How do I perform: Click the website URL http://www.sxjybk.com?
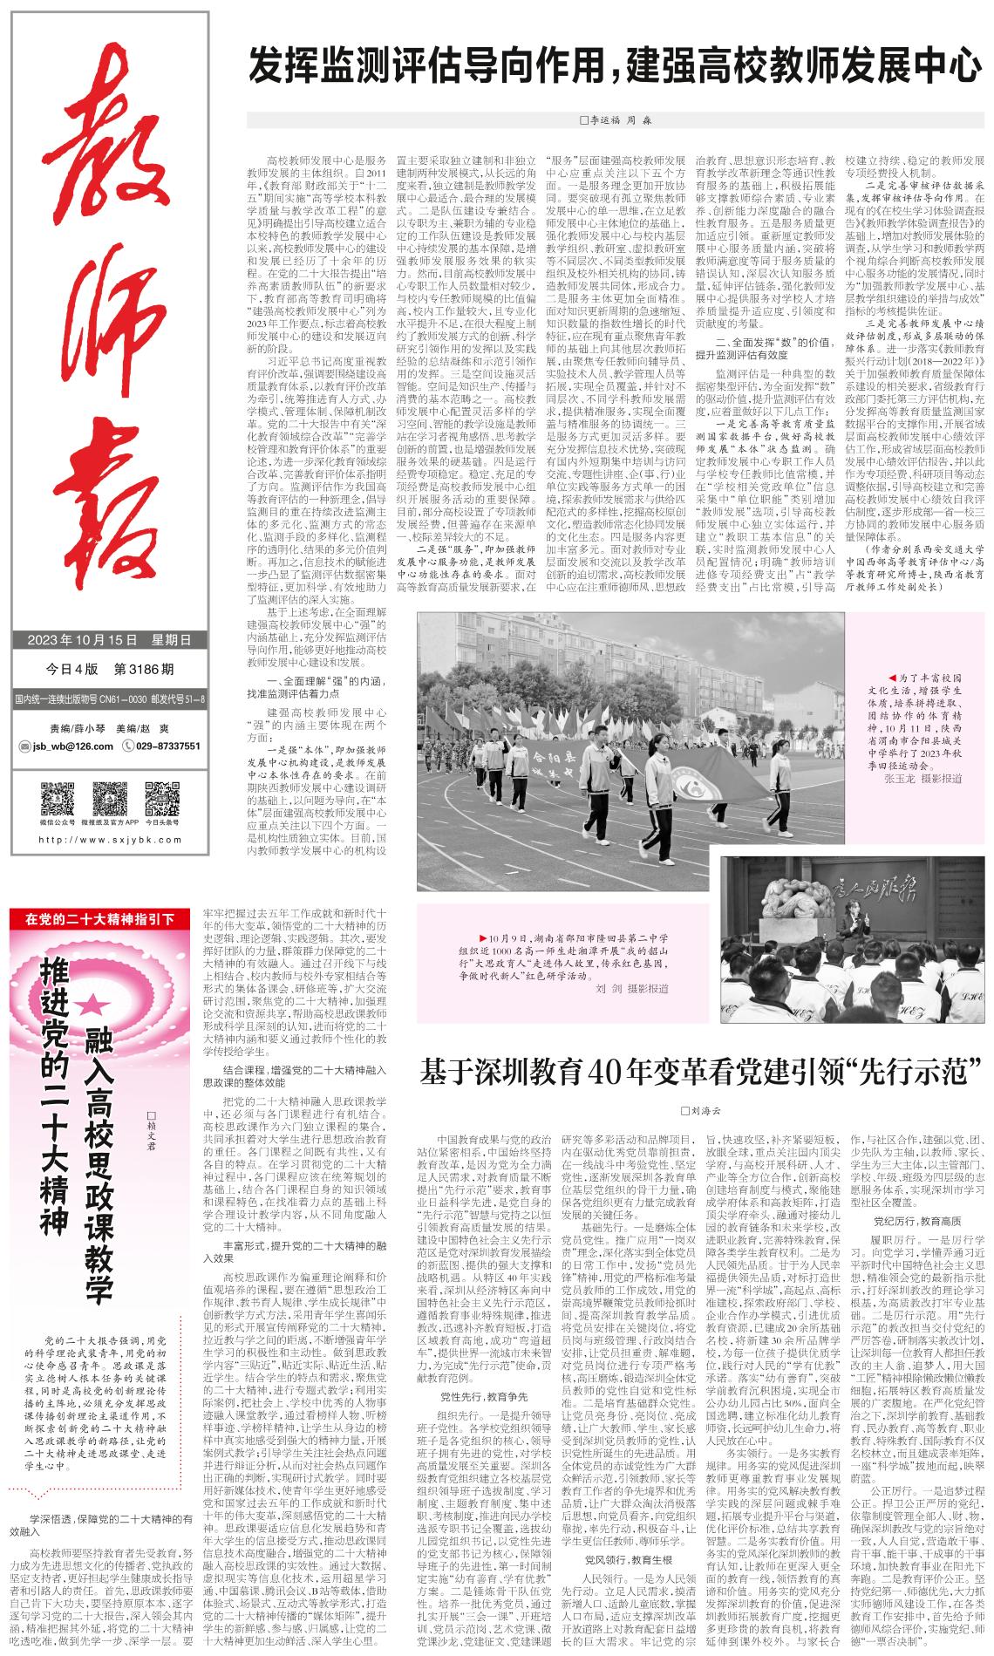point(109,840)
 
